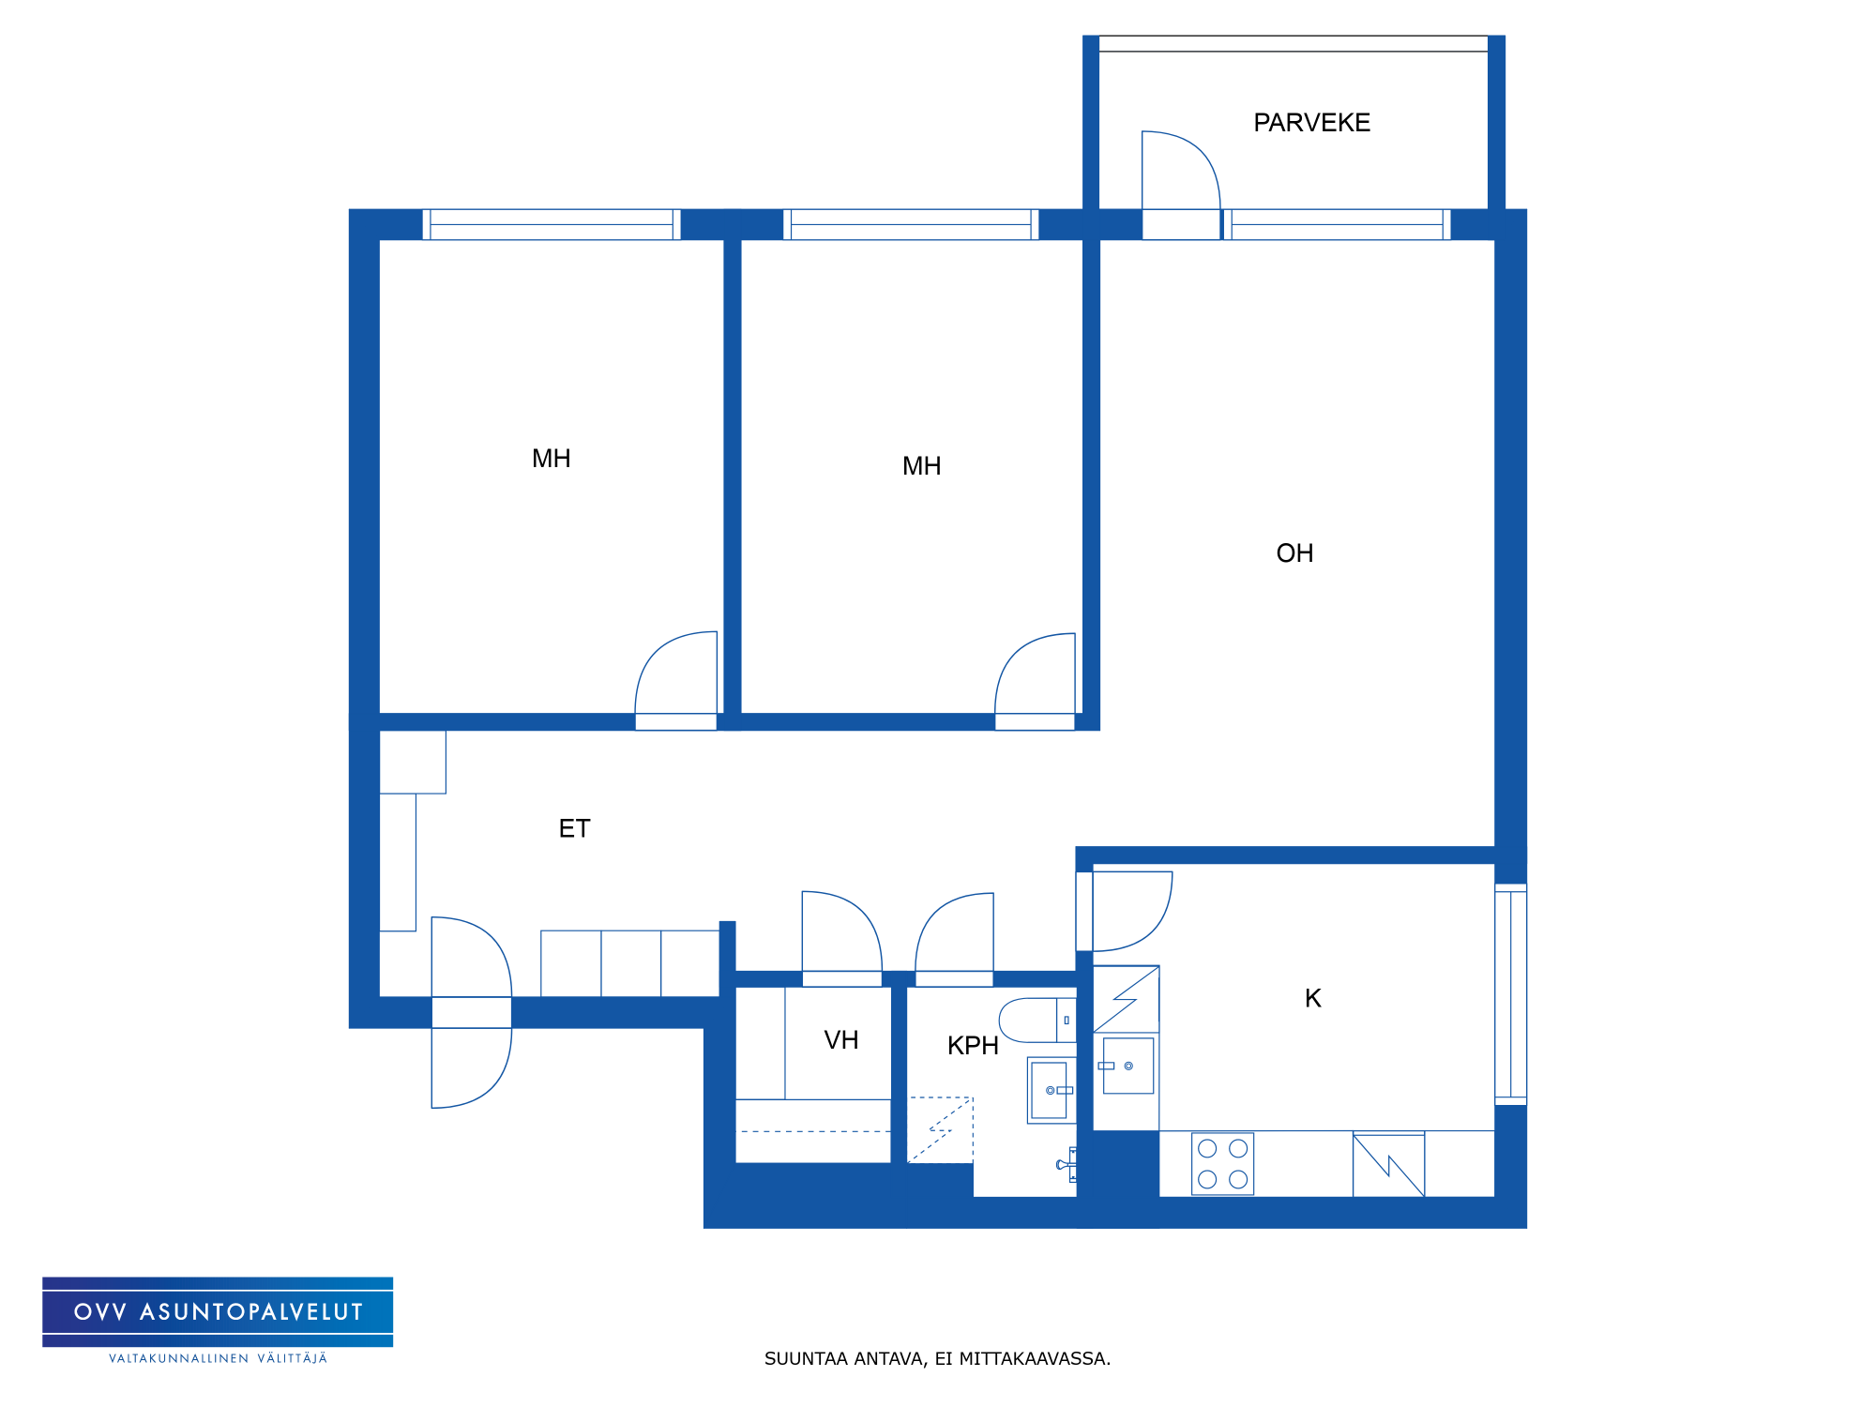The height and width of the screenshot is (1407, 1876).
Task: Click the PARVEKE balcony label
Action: tap(1311, 123)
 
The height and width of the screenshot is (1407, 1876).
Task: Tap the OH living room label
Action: tap(1294, 553)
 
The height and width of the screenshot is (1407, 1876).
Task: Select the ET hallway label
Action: tap(574, 828)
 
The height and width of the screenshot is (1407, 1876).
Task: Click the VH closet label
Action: tap(841, 1040)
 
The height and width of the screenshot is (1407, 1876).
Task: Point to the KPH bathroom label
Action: tap(973, 1046)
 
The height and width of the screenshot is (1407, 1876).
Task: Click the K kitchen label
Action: tap(1313, 998)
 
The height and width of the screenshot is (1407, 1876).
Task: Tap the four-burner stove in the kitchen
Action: tap(1222, 1164)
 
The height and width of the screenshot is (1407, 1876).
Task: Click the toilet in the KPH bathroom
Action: tap(1037, 1020)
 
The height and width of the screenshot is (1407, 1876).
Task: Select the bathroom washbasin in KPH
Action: tap(1051, 1090)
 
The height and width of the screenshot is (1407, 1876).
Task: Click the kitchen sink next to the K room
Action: tap(1127, 1066)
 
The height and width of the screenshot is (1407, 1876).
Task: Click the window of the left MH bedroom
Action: tap(552, 224)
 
